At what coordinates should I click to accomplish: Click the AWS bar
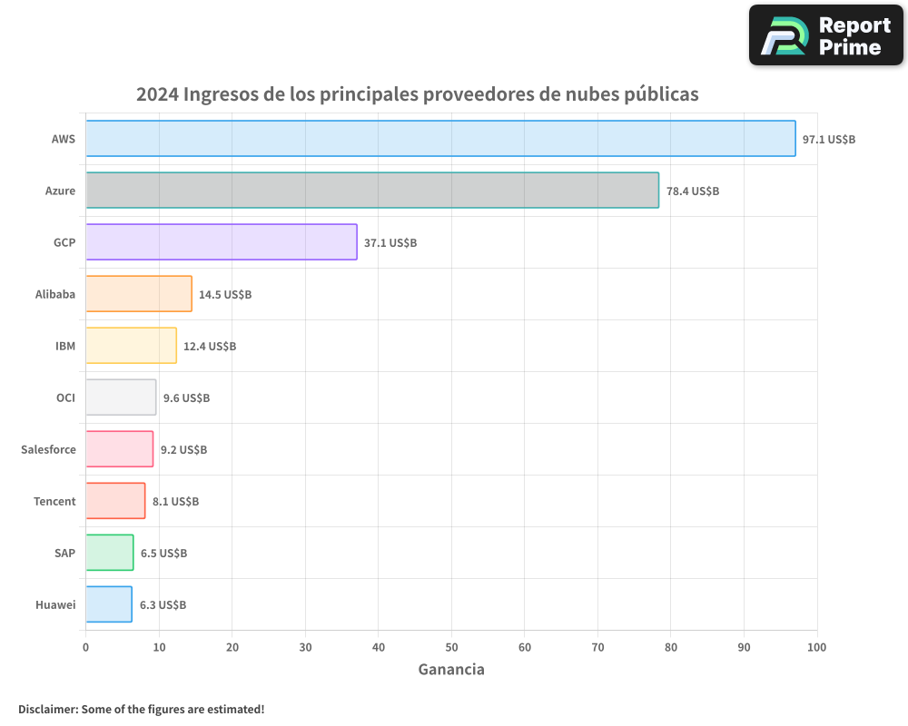(440, 139)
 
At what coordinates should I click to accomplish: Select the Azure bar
(372, 191)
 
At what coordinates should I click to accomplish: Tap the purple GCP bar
(222, 242)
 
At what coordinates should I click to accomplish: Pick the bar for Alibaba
(139, 294)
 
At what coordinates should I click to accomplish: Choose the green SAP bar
(110, 553)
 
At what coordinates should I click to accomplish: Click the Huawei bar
(109, 604)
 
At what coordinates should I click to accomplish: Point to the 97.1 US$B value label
(829, 140)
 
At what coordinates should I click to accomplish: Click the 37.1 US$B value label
(390, 243)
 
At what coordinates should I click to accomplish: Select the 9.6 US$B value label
(186, 398)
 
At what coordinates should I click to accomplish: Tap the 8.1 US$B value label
(175, 502)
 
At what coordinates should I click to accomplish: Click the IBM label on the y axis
(65, 346)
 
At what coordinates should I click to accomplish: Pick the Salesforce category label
(48, 449)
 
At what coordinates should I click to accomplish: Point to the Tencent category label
(54, 501)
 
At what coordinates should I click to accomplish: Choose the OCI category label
(65, 397)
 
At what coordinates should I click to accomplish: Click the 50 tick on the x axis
(451, 647)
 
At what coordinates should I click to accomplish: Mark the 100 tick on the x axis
(817, 647)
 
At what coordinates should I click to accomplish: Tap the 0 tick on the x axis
(85, 647)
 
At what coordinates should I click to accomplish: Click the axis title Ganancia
(451, 670)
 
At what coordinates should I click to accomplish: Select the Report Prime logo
(826, 35)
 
